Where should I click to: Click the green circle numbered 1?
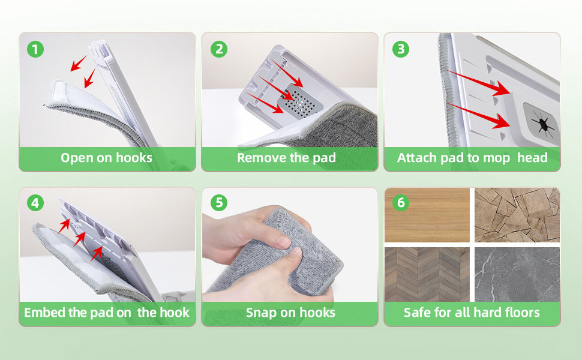[x=35, y=49]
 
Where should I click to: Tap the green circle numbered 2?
[x=219, y=49]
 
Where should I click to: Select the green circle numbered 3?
[x=401, y=49]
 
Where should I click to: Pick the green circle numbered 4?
[x=35, y=203]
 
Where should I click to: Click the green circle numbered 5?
[x=219, y=203]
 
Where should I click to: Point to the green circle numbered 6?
[x=401, y=203]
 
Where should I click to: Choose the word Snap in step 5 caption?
[x=261, y=313]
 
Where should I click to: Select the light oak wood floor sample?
[x=427, y=215]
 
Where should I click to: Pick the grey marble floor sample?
[x=517, y=274]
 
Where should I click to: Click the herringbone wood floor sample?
[x=427, y=274]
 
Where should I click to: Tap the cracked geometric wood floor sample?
[x=517, y=215]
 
